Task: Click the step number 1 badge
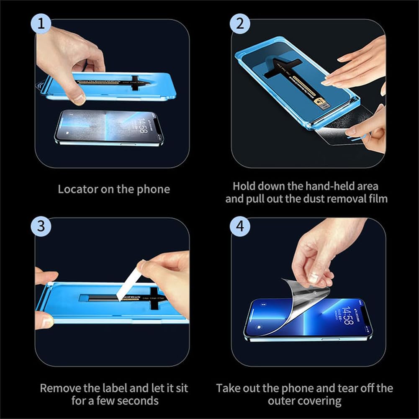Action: [41, 24]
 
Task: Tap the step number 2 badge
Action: [240, 24]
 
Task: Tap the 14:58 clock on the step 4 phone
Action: [347, 316]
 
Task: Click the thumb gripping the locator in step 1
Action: [78, 99]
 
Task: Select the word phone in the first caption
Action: [155, 189]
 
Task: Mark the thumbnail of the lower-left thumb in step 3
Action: [46, 322]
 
